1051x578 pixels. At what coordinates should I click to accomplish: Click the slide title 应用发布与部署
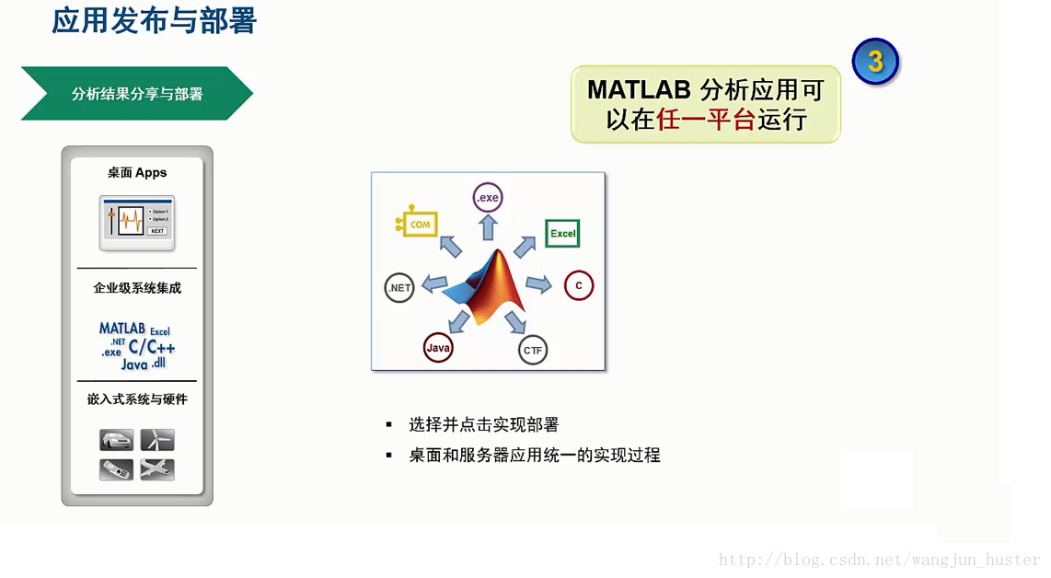(x=154, y=20)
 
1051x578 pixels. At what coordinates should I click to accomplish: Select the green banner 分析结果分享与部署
(x=137, y=94)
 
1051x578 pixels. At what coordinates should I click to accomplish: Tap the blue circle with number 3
(x=874, y=63)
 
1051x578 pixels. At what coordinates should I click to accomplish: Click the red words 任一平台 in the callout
(x=706, y=120)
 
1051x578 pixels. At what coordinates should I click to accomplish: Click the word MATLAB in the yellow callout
(x=638, y=90)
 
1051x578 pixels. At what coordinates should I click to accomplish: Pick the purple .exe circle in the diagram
(x=488, y=197)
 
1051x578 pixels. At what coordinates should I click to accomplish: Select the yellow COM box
(x=419, y=224)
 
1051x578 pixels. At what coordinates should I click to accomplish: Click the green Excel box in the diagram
(x=562, y=234)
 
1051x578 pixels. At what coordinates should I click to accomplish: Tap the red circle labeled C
(x=579, y=285)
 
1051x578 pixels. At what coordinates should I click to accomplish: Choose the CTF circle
(x=533, y=350)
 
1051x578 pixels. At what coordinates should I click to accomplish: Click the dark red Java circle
(x=438, y=348)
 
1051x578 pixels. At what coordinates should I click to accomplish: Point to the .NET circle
(x=399, y=288)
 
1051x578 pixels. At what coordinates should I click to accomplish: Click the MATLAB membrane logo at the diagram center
(x=486, y=285)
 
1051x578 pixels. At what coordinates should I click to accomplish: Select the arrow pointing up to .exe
(x=488, y=226)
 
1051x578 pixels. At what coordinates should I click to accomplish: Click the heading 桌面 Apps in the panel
(x=137, y=173)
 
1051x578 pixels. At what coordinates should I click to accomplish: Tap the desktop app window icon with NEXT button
(x=137, y=222)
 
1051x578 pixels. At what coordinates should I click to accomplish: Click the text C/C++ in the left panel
(x=152, y=347)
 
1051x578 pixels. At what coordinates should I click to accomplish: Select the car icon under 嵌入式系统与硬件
(x=117, y=440)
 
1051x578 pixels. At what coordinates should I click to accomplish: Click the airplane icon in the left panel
(x=157, y=469)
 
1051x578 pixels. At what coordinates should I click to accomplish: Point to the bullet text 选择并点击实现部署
(x=484, y=425)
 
